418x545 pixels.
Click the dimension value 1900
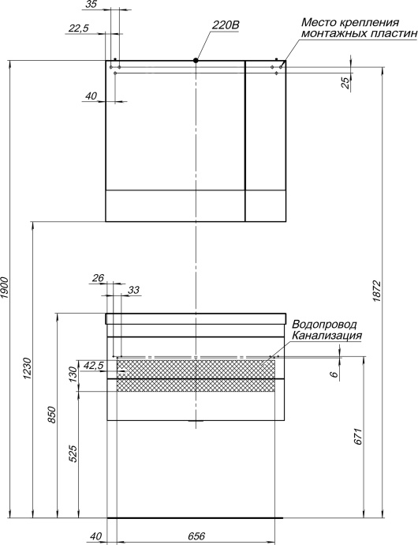6,288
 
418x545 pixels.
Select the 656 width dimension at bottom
196,536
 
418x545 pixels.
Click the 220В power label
225,25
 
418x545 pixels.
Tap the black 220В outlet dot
196,60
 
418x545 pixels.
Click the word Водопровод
324,325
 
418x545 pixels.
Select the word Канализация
327,336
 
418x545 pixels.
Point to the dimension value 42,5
93,365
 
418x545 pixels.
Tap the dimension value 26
98,277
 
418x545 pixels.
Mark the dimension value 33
132,290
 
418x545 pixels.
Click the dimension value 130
73,373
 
